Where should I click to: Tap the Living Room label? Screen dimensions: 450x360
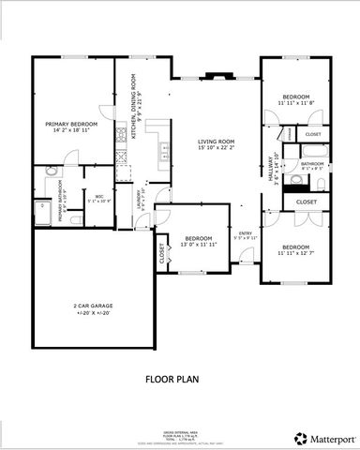(215, 142)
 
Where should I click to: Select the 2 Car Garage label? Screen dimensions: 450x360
(92, 306)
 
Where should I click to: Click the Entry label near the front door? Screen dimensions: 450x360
(245, 233)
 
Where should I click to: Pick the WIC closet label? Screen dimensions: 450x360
(98, 197)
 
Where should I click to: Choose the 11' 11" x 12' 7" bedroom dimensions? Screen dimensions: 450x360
(298, 252)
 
